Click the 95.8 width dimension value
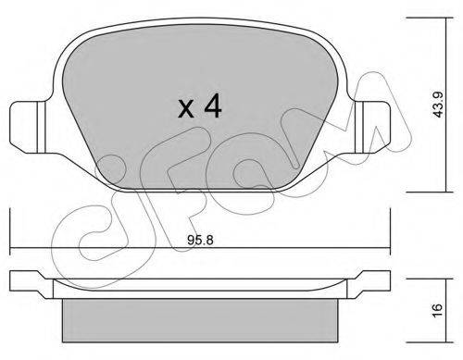pyautogui.click(x=200, y=240)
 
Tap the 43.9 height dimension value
pyautogui.click(x=438, y=105)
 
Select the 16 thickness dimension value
pyautogui.click(x=438, y=310)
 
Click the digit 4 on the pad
pyautogui.click(x=212, y=106)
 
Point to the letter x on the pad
pyautogui.click(x=186, y=109)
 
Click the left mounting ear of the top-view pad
pyautogui.click(x=28, y=127)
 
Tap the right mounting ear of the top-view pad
pyautogui.click(x=373, y=127)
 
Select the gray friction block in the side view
pyautogui.click(x=200, y=320)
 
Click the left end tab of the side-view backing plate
pyautogui.click(x=30, y=284)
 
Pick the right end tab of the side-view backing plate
pyautogui.click(x=369, y=284)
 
